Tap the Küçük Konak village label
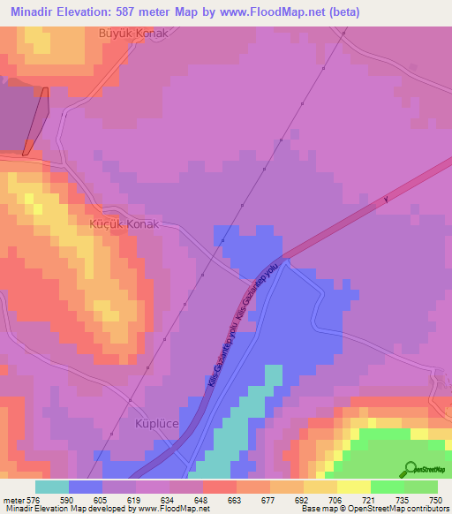124,224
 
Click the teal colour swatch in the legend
52,486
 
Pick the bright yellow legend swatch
353,486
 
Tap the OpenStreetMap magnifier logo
409,469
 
